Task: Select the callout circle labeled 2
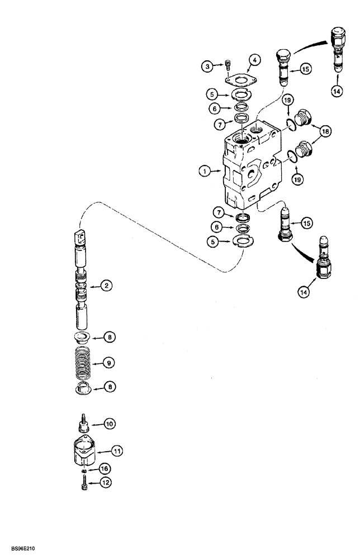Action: click(x=108, y=286)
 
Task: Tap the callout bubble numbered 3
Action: click(x=208, y=67)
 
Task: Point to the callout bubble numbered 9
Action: click(x=110, y=363)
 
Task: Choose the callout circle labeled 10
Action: click(x=110, y=424)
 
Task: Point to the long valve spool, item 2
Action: click(x=81, y=279)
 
